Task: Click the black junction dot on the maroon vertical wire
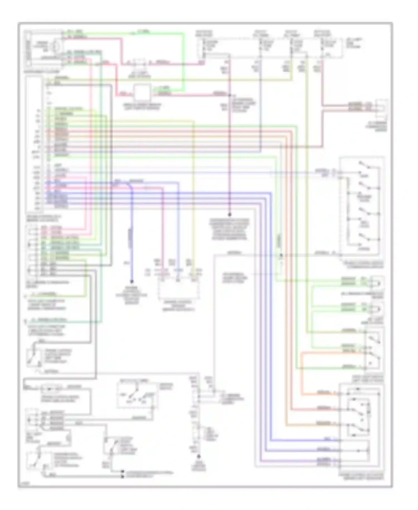click(230, 215)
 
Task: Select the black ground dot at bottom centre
click(199, 457)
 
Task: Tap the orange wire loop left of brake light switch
click(302, 374)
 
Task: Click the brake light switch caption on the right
click(368, 379)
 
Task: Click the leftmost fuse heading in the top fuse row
click(204, 33)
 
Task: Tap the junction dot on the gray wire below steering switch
click(281, 255)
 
